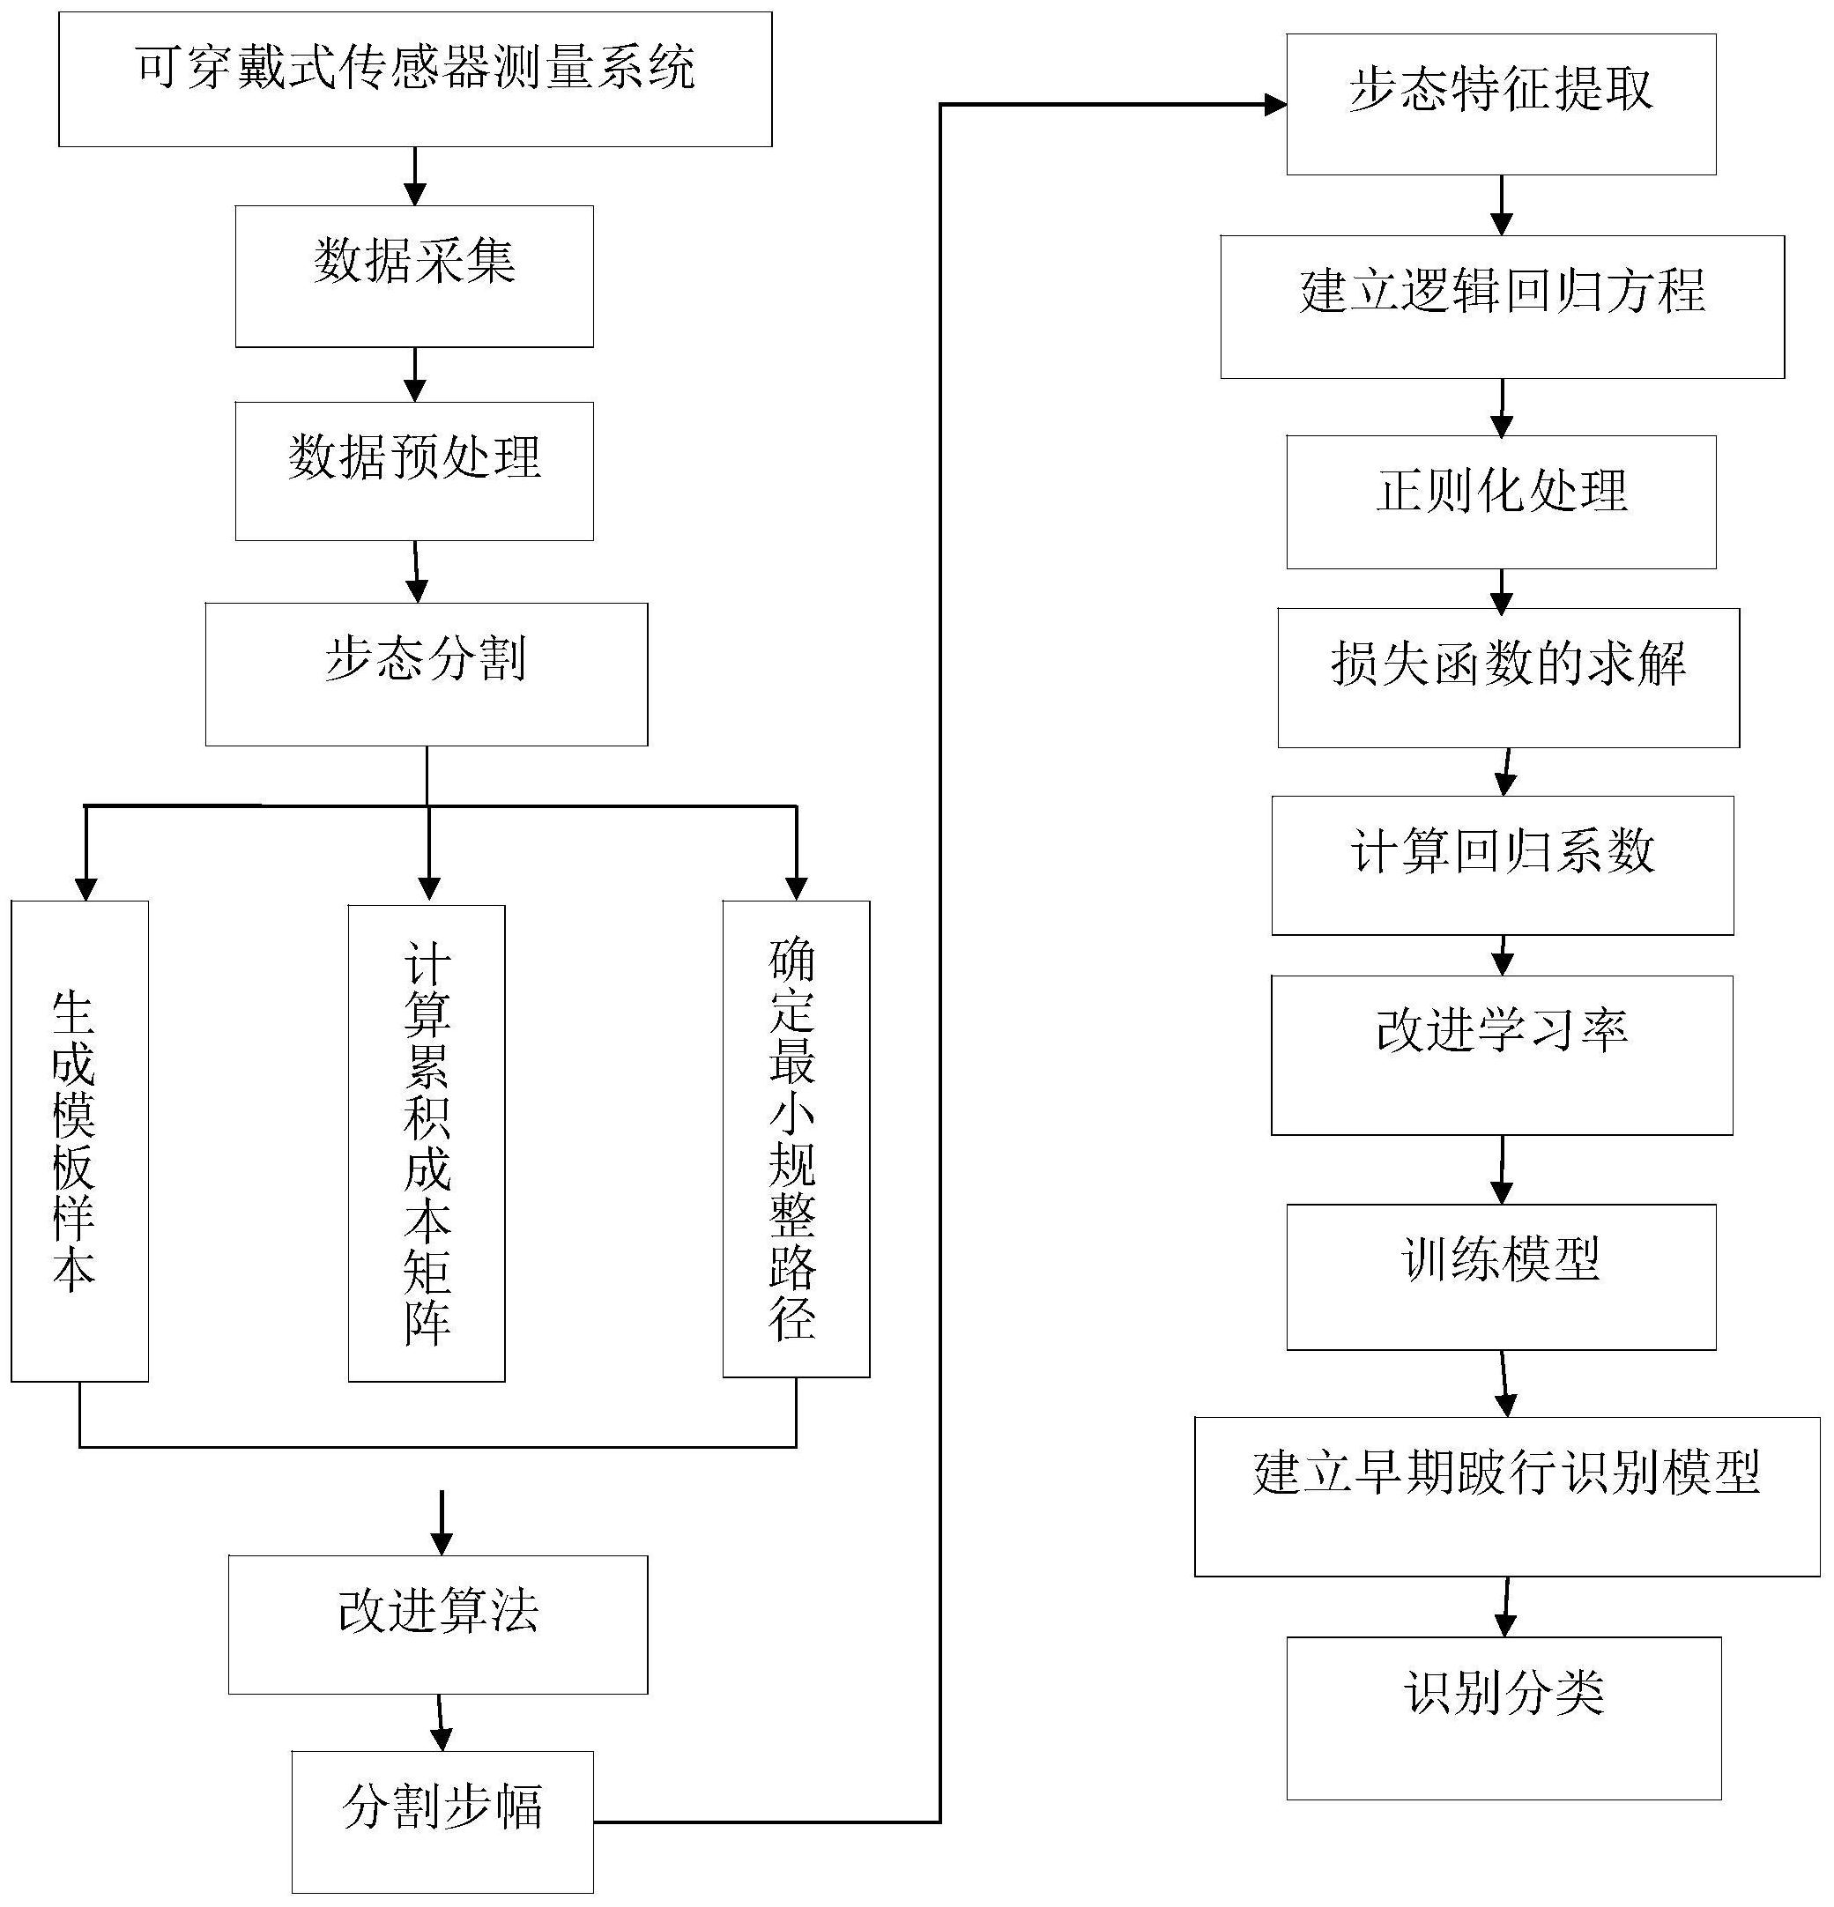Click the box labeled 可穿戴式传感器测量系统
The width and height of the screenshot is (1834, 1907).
[414, 80]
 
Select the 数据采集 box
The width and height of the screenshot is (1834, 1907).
[414, 277]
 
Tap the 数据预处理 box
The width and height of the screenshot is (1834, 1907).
[414, 471]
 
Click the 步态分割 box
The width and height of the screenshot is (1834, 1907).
[427, 674]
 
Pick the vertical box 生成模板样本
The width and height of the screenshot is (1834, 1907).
[80, 1140]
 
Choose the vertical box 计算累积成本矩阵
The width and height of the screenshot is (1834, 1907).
[427, 1142]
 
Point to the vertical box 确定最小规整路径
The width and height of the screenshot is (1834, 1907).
[796, 1139]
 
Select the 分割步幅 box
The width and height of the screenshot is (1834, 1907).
[442, 1822]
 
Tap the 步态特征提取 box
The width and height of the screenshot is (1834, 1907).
[1500, 104]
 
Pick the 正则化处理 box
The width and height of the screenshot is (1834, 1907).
[1500, 501]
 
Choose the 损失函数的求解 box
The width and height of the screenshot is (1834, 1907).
[1507, 677]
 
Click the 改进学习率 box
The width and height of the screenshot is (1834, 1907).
[1501, 1055]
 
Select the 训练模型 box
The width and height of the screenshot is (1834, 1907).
[1500, 1277]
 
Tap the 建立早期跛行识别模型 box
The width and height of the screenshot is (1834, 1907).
[1506, 1495]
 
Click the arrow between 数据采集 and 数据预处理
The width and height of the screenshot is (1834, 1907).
[414, 375]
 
